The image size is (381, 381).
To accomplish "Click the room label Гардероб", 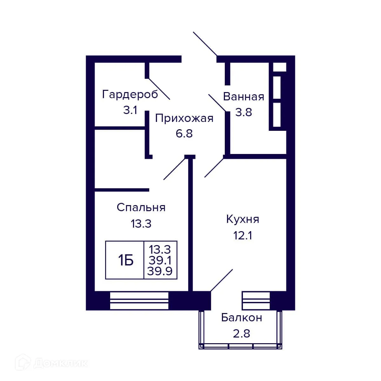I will point(130,95).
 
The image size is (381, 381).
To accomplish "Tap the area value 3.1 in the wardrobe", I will point(130,110).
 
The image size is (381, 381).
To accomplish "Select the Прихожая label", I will point(184,118).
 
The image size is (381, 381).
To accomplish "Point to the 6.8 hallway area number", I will point(184,133).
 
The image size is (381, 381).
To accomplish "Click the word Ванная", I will point(244,97).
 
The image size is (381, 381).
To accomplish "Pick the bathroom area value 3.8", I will point(244,112).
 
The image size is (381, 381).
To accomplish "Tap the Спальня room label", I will point(141,207).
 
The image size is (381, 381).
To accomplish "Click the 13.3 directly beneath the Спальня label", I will point(141,224).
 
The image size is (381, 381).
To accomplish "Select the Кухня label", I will point(243,219).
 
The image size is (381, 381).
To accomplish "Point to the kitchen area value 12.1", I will point(243,236).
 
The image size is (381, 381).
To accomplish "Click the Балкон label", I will point(242,317).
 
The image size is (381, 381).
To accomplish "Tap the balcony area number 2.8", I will point(242,334).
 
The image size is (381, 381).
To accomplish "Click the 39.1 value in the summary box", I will point(160,261).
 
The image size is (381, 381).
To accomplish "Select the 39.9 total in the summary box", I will point(160,271).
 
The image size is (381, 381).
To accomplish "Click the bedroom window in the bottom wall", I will point(139,300).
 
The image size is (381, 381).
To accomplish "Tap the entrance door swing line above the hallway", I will point(205,44).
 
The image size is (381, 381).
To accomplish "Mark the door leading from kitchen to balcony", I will point(222,280).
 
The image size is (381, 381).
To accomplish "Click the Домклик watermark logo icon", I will point(24,362).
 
